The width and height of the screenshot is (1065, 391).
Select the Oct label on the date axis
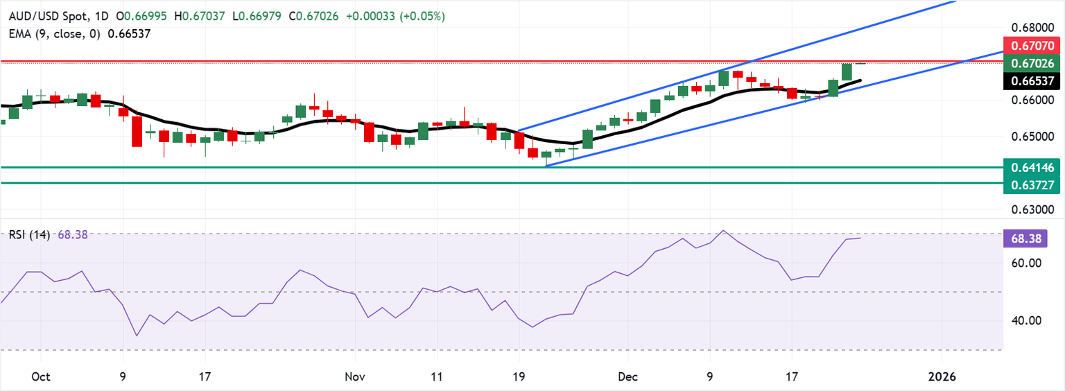41,377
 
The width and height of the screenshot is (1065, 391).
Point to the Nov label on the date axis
354,377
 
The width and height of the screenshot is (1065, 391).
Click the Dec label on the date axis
627,377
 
